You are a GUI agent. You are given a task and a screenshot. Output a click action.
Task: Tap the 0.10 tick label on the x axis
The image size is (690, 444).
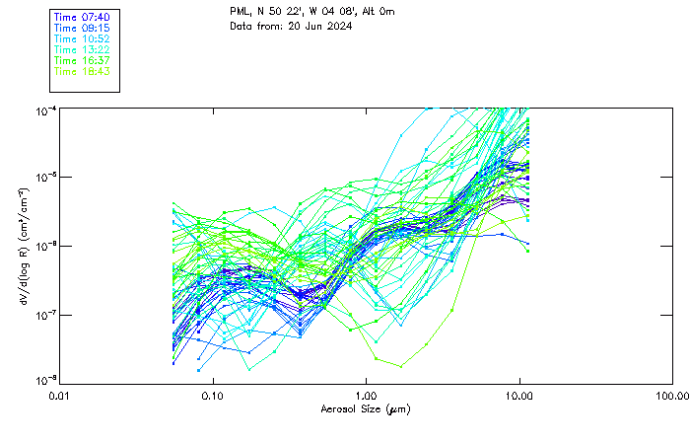[212, 397]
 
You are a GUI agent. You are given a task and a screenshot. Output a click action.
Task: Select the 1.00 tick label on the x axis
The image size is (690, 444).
[366, 397]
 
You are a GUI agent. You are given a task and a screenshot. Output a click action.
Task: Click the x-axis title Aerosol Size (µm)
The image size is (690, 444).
[366, 408]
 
